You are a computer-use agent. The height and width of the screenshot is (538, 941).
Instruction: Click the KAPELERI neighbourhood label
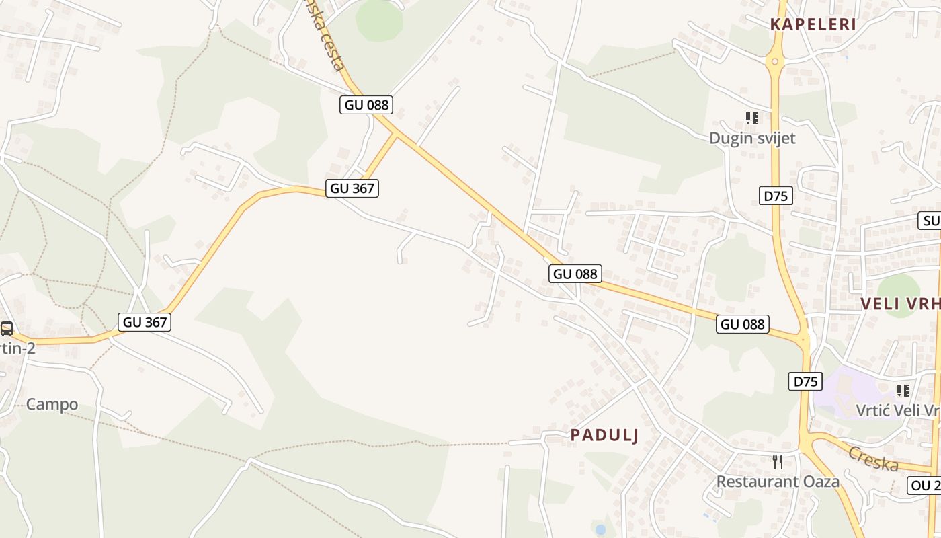pyautogui.click(x=813, y=25)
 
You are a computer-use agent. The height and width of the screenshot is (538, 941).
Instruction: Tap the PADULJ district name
pyautogui.click(x=604, y=435)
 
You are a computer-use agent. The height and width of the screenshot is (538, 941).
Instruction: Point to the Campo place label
pyautogui.click(x=52, y=404)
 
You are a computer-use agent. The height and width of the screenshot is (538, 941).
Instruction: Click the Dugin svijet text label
pyautogui.click(x=752, y=138)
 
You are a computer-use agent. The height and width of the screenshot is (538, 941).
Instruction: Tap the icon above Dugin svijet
pyautogui.click(x=752, y=118)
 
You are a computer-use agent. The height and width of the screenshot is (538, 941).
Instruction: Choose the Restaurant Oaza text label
pyautogui.click(x=778, y=482)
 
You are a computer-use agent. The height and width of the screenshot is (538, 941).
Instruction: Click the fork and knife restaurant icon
pyautogui.click(x=778, y=461)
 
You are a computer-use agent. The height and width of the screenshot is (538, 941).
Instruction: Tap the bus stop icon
pyautogui.click(x=7, y=328)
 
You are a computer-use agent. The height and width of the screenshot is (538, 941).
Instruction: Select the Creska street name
pyautogui.click(x=873, y=459)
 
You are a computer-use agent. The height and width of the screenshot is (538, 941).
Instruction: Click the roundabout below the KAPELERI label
pyautogui.click(x=775, y=62)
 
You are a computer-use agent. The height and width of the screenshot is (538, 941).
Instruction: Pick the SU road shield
pyautogui.click(x=930, y=221)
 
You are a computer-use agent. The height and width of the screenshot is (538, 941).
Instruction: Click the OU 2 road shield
pyautogui.click(x=924, y=486)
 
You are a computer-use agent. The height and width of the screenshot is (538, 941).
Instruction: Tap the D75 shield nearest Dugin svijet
pyautogui.click(x=776, y=196)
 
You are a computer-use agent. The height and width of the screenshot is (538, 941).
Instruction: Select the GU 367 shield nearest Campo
pyautogui.click(x=145, y=322)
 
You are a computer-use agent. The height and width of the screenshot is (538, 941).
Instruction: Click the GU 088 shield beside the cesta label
pyautogui.click(x=366, y=104)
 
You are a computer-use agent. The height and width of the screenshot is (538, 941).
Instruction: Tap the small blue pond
pyautogui.click(x=600, y=529)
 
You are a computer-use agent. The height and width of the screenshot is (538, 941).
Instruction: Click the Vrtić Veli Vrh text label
pyautogui.click(x=897, y=410)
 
